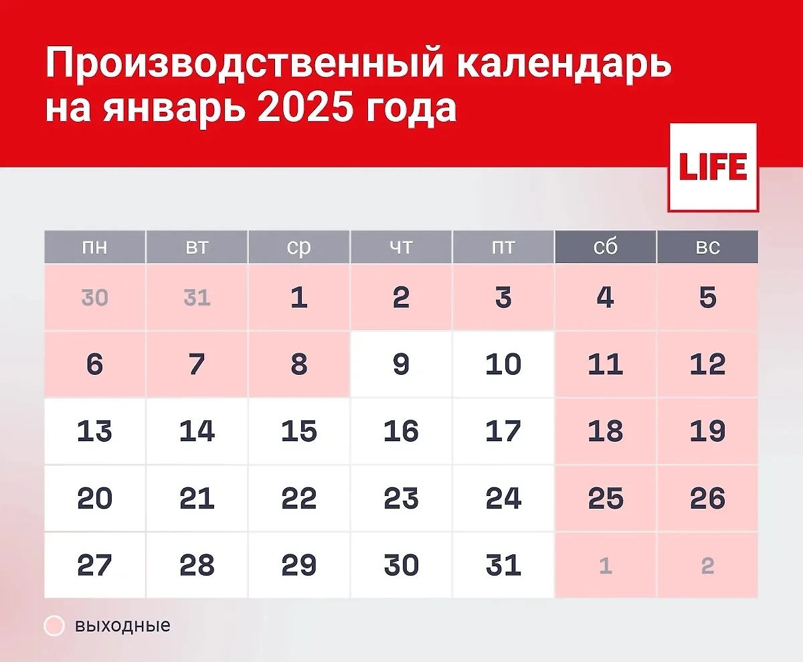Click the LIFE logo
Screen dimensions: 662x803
(x=713, y=167)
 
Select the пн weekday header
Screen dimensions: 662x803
(x=94, y=247)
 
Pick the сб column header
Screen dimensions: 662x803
(x=605, y=247)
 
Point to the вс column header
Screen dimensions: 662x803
(x=707, y=247)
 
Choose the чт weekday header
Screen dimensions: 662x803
(x=401, y=247)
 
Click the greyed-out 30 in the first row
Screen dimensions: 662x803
(x=94, y=297)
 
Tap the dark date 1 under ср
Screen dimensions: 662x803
(x=298, y=297)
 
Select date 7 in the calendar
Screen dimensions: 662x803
(x=197, y=364)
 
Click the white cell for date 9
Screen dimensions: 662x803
(x=401, y=364)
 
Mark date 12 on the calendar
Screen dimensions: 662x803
(x=707, y=364)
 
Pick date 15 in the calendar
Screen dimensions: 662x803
(x=298, y=431)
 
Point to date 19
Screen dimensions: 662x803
(x=707, y=431)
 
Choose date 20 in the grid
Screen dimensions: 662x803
(x=94, y=499)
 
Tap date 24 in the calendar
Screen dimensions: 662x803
(x=503, y=499)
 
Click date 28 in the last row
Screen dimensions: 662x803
(x=197, y=566)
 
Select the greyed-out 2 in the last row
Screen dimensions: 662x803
(x=707, y=566)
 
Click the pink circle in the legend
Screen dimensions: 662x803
(x=54, y=626)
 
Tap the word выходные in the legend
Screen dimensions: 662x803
(x=122, y=626)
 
